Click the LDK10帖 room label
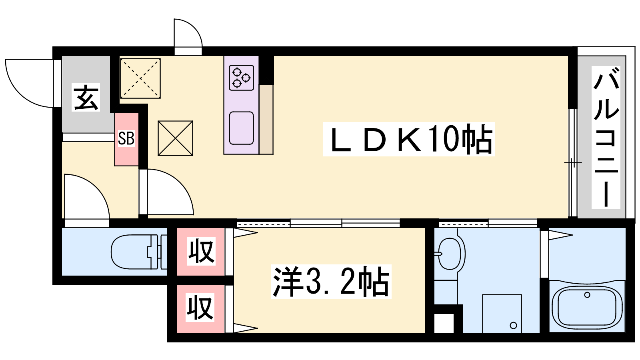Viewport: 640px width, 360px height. (x=409, y=139)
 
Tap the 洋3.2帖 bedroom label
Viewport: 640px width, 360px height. (x=331, y=282)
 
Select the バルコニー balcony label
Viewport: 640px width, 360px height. (x=606, y=138)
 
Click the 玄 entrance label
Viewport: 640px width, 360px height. (x=86, y=98)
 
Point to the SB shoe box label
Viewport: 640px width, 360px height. (x=126, y=138)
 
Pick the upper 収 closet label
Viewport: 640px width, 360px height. (x=201, y=251)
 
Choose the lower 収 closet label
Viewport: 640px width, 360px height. (x=200, y=308)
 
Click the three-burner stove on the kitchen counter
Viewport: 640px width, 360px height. (x=242, y=78)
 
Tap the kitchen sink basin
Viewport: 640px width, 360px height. (x=242, y=128)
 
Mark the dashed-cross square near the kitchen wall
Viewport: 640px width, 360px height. (x=140, y=78)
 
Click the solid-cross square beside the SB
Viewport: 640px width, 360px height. (x=176, y=138)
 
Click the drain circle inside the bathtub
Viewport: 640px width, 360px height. (x=587, y=295)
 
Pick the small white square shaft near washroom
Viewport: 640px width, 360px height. (x=444, y=323)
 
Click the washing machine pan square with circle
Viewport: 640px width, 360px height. (x=502, y=314)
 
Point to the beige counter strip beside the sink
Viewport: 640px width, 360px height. (x=266, y=120)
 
